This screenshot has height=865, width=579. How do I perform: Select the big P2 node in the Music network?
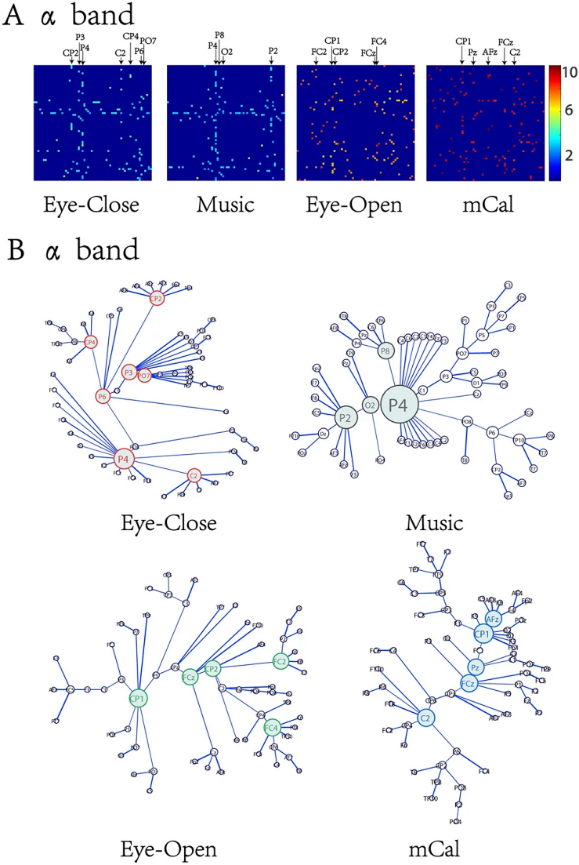click(344, 417)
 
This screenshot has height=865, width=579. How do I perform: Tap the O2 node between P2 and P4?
click(370, 405)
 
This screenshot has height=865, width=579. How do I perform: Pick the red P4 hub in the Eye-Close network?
click(123, 459)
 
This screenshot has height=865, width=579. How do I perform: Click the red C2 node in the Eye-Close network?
click(194, 475)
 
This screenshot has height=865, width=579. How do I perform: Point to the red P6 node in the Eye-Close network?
click(103, 397)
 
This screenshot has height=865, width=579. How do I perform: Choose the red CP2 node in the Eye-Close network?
click(157, 298)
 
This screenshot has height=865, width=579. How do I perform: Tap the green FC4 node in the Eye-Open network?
click(272, 726)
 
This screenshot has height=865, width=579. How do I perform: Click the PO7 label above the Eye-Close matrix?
click(148, 41)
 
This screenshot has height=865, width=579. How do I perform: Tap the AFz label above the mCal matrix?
click(490, 52)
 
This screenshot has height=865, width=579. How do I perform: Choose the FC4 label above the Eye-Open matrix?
click(378, 40)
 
